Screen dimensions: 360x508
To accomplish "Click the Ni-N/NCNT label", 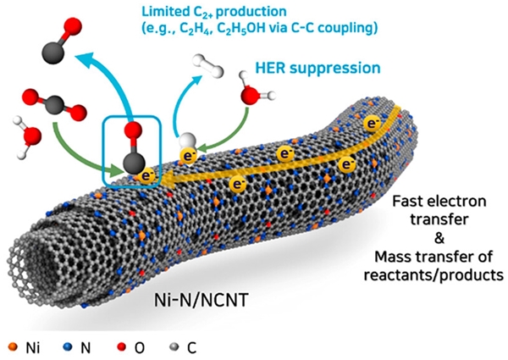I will pyautogui.click(x=197, y=298).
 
